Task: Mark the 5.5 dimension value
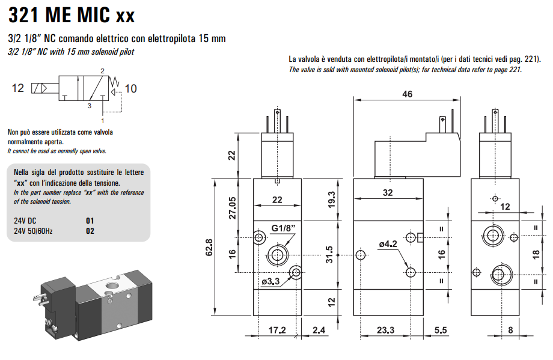441,329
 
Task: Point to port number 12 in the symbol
18,88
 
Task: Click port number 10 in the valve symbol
130,89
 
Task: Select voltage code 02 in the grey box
90,230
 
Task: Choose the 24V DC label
25,221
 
